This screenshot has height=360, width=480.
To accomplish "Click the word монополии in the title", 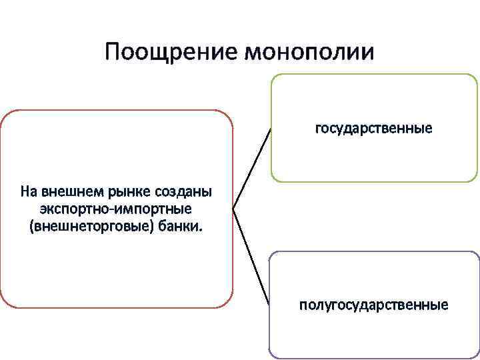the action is (310, 53).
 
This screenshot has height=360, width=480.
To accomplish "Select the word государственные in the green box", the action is (373, 127).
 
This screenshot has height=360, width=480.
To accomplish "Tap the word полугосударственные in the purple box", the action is (373, 305).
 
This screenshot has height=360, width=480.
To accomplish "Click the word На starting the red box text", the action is (29, 192).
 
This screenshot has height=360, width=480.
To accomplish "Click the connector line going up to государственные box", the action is (252, 168).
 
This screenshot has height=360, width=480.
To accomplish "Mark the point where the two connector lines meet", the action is (233, 209).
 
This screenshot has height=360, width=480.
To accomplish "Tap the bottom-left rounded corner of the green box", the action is (274, 178).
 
